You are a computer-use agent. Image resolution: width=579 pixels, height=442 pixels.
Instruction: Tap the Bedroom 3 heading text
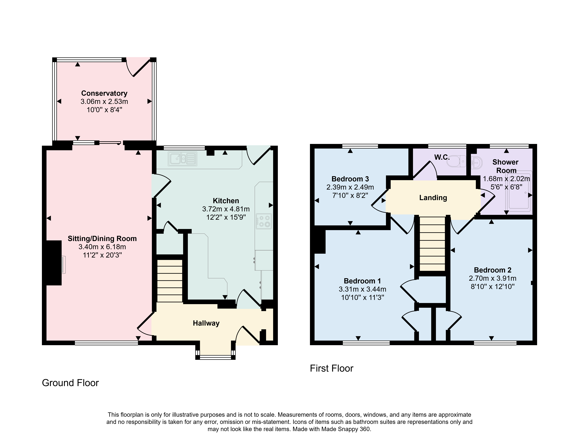[x=350, y=179]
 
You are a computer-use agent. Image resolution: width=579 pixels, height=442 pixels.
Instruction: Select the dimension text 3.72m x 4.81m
[x=226, y=209]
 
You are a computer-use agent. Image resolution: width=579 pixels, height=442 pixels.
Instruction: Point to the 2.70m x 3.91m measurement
[x=492, y=278]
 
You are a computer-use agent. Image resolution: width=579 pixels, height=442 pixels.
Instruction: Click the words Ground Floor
[x=70, y=383]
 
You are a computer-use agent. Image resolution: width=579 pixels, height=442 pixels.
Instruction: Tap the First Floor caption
[x=331, y=368]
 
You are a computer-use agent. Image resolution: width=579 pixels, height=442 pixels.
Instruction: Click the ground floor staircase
[x=170, y=281]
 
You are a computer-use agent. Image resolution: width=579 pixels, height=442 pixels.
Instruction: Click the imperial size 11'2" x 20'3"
[x=102, y=255]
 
